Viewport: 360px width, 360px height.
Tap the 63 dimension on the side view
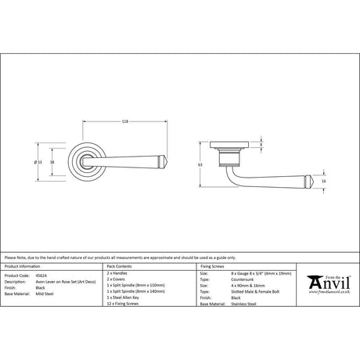tap(200, 166)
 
